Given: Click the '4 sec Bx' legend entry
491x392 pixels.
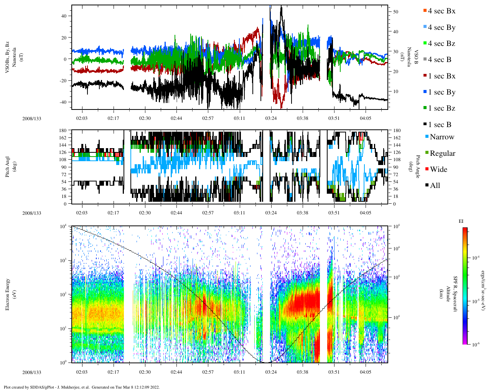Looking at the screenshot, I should coord(442,11).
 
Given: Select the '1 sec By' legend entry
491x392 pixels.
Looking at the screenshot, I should coord(442,92).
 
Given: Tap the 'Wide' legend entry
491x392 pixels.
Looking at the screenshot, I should coord(438,170).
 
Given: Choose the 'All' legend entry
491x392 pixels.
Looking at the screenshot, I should coord(435,186).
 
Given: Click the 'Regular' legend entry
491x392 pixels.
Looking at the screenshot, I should coord(442,154).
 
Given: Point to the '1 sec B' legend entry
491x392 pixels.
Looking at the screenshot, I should coord(440,125).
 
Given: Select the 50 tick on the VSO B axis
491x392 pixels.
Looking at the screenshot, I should coord(395,12).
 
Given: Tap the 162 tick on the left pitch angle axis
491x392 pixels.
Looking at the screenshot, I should coord(63,138).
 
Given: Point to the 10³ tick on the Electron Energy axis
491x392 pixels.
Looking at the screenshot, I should coord(63,260).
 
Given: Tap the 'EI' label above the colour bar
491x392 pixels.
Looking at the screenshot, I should coord(461,221).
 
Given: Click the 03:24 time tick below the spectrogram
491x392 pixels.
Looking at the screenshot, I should coord(271,372).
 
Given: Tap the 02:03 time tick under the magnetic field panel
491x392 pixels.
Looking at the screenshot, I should coord(81,118).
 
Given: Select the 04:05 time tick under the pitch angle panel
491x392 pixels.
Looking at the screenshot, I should coord(365,213).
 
